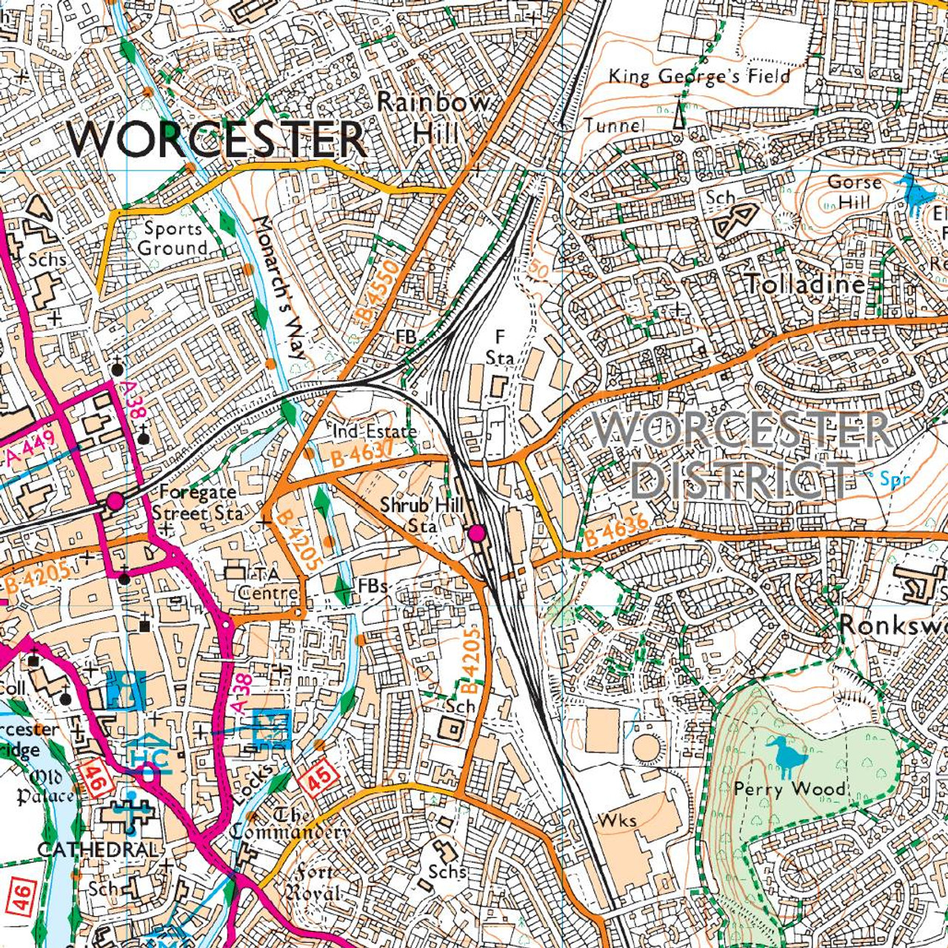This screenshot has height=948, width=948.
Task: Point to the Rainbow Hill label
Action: tap(434, 117)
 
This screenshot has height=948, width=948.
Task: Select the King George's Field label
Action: tap(699, 76)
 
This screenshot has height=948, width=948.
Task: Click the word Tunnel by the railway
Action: tap(614, 125)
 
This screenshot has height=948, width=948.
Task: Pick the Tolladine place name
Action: tap(804, 284)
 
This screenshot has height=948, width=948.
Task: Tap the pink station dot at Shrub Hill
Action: tap(476, 533)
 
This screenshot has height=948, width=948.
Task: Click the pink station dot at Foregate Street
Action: tap(115, 501)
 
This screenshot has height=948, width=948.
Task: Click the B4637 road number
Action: tap(362, 453)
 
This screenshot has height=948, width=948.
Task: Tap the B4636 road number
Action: tap(616, 530)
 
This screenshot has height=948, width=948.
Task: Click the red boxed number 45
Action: tap(320, 779)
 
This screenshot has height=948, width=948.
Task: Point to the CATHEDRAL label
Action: tap(98, 849)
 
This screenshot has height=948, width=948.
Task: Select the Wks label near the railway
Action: tap(617, 821)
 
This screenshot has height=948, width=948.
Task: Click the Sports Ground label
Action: tap(173, 238)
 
